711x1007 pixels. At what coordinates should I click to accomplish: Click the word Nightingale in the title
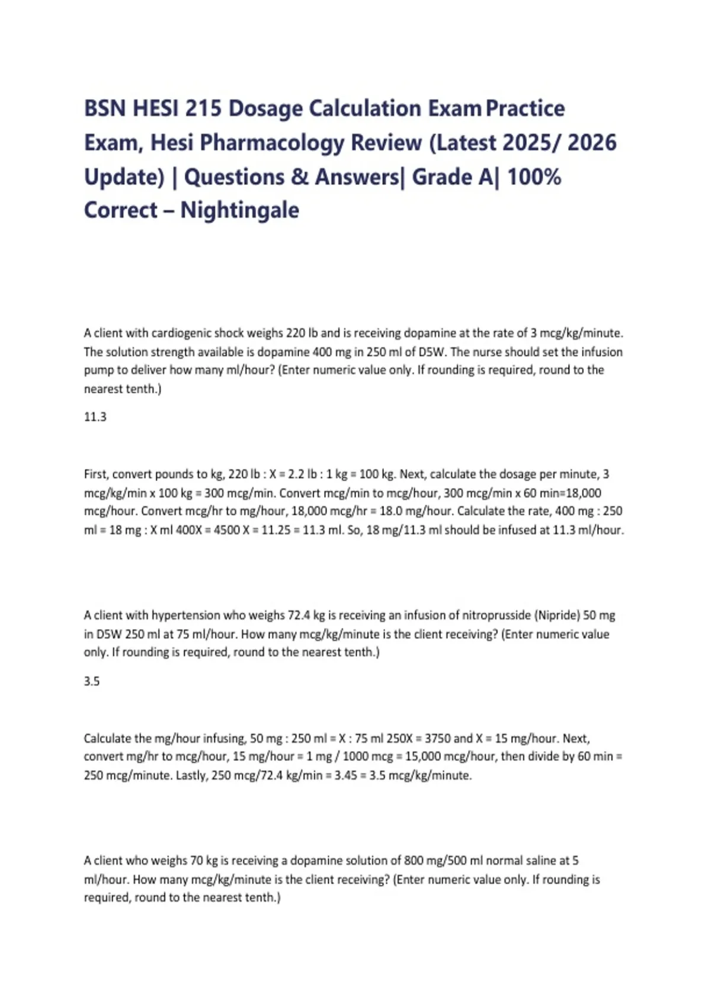tap(239, 210)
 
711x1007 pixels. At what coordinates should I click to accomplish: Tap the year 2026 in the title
tap(592, 143)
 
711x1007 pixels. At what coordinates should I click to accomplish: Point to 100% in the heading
tap(534, 177)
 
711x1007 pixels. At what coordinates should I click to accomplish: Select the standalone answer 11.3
tap(95, 417)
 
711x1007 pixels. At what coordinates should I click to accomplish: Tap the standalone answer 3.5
tap(92, 681)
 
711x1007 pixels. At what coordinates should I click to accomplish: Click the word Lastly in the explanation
tap(190, 775)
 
